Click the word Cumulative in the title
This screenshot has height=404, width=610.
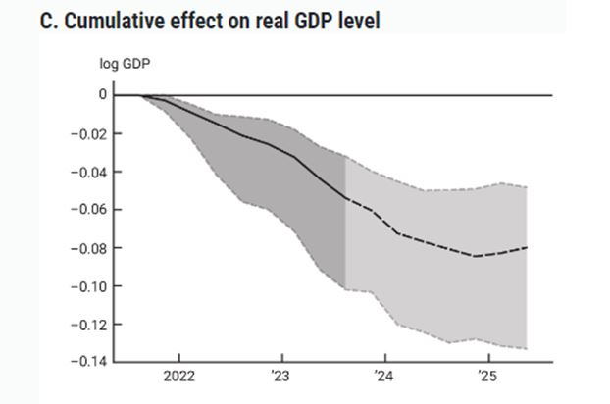coord(113,21)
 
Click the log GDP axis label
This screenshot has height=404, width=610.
coord(125,65)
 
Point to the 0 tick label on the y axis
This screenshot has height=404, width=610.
coord(102,95)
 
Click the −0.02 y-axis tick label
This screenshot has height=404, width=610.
coord(87,133)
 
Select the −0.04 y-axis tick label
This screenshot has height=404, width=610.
coord(87,172)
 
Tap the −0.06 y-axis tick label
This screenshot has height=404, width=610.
coord(87,210)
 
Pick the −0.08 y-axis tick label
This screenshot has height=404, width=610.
coord(87,248)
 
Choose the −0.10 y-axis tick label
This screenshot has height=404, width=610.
coord(87,286)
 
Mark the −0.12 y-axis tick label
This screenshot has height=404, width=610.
coord(87,325)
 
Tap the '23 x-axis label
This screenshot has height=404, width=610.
coord(281,377)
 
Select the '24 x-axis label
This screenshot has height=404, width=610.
coord(383,377)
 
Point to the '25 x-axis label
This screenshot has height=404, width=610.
coord(484,377)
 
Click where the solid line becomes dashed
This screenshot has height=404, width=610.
coord(345,197)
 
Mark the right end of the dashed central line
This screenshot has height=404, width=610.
coord(527,247)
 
